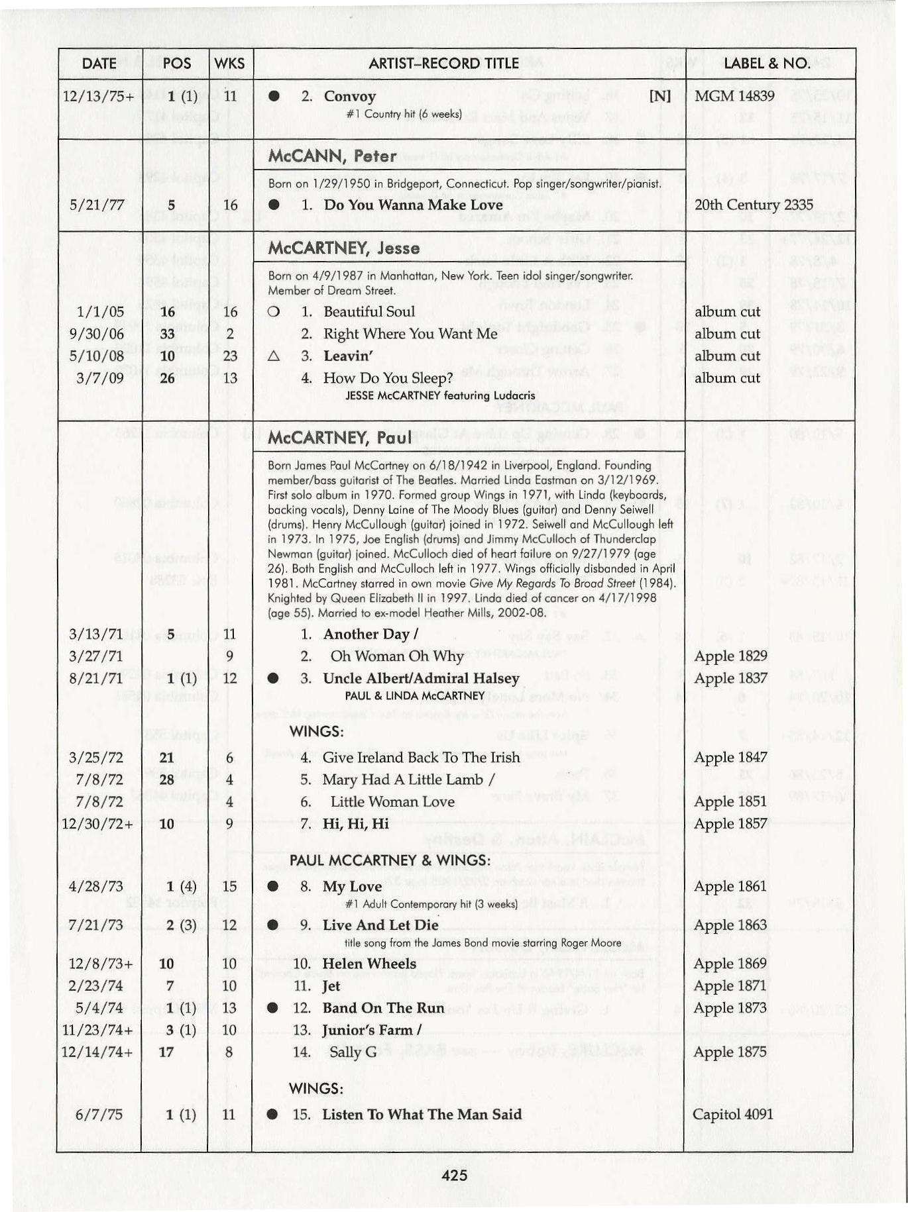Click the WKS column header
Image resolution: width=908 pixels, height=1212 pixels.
(230, 64)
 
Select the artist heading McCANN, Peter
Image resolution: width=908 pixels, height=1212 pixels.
(332, 156)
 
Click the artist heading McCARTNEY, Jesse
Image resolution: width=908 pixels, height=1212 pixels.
(343, 248)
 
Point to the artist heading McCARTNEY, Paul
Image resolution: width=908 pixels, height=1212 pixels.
(340, 438)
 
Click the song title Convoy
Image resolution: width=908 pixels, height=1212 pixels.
(349, 96)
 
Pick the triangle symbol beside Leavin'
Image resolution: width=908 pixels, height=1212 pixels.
(272, 356)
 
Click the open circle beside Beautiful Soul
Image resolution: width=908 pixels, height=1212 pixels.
(272, 311)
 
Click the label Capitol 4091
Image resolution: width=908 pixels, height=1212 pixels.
(732, 1114)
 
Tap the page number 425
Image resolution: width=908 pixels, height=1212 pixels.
(454, 1176)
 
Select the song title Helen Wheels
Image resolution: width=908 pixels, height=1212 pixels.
(369, 963)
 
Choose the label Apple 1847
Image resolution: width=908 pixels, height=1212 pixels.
(730, 757)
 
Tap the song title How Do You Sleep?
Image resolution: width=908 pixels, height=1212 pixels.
(388, 378)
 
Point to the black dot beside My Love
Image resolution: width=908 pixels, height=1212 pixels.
(272, 886)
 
